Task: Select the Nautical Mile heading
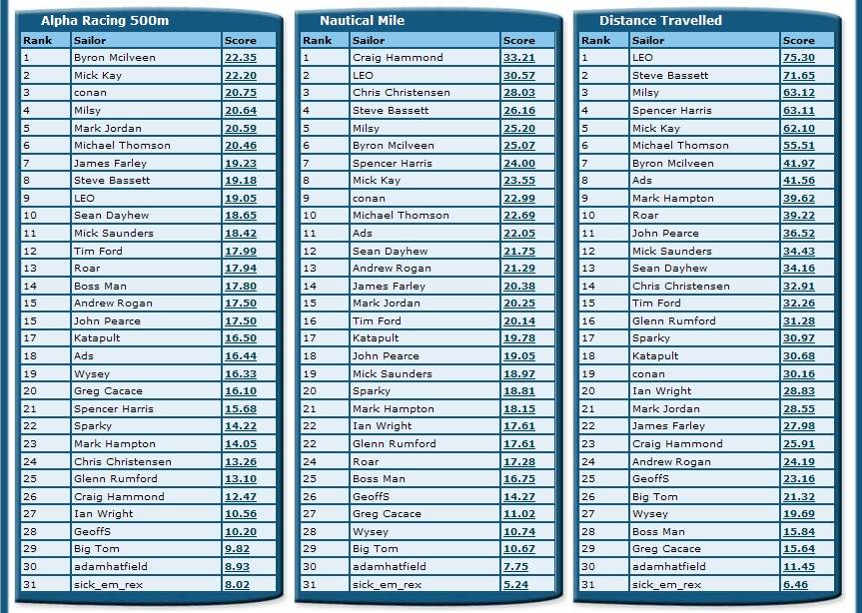(x=361, y=21)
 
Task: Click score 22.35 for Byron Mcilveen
(x=240, y=58)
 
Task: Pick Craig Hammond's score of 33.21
(x=518, y=58)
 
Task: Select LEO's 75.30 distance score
(x=798, y=58)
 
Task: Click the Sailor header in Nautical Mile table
(x=368, y=40)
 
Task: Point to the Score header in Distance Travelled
(x=798, y=40)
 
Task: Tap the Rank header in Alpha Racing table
(x=38, y=40)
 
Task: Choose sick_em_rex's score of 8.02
(x=237, y=584)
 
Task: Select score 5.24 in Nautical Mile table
(x=515, y=584)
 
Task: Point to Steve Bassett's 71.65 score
(x=798, y=76)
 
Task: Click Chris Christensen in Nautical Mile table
(x=401, y=93)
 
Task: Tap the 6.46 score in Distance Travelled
(x=795, y=584)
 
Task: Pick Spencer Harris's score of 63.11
(x=798, y=111)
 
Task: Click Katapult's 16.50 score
(x=240, y=338)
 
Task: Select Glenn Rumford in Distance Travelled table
(x=673, y=320)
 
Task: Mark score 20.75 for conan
(x=240, y=93)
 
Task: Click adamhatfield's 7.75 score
(x=515, y=566)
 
